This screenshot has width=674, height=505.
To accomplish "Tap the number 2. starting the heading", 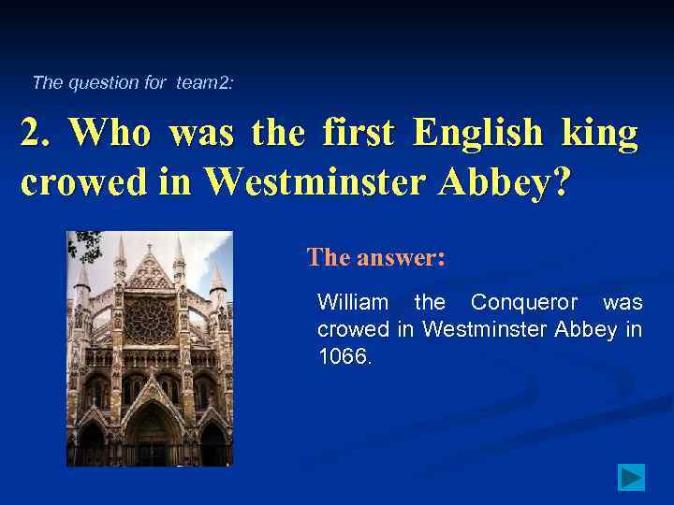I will (37, 134).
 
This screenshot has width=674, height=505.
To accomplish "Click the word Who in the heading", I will (110, 134).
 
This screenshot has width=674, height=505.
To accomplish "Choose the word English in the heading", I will (478, 134).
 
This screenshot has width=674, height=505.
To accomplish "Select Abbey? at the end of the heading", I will (517, 181).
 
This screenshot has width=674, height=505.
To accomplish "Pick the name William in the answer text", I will (353, 303).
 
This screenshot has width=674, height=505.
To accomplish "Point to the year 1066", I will (344, 355).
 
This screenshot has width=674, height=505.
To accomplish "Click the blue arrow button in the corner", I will (632, 477).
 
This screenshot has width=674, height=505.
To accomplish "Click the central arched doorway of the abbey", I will (149, 435).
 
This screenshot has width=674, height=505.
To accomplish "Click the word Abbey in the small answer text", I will (586, 329).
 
